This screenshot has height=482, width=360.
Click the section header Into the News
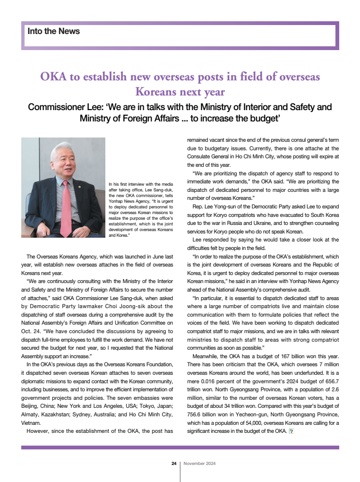[x=54, y=32]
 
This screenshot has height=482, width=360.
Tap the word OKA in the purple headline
[x=53, y=77]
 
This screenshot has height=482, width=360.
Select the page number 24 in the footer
[x=174, y=464]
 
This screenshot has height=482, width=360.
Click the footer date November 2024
[x=200, y=464]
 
